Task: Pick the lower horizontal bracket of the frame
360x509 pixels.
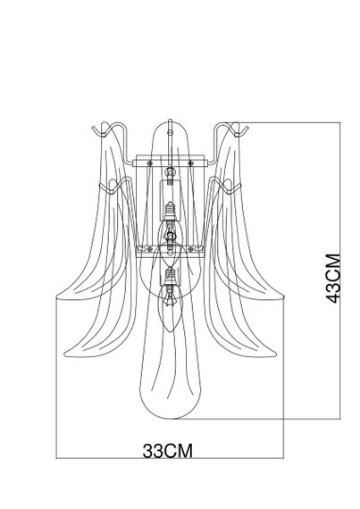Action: (x=170, y=250)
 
